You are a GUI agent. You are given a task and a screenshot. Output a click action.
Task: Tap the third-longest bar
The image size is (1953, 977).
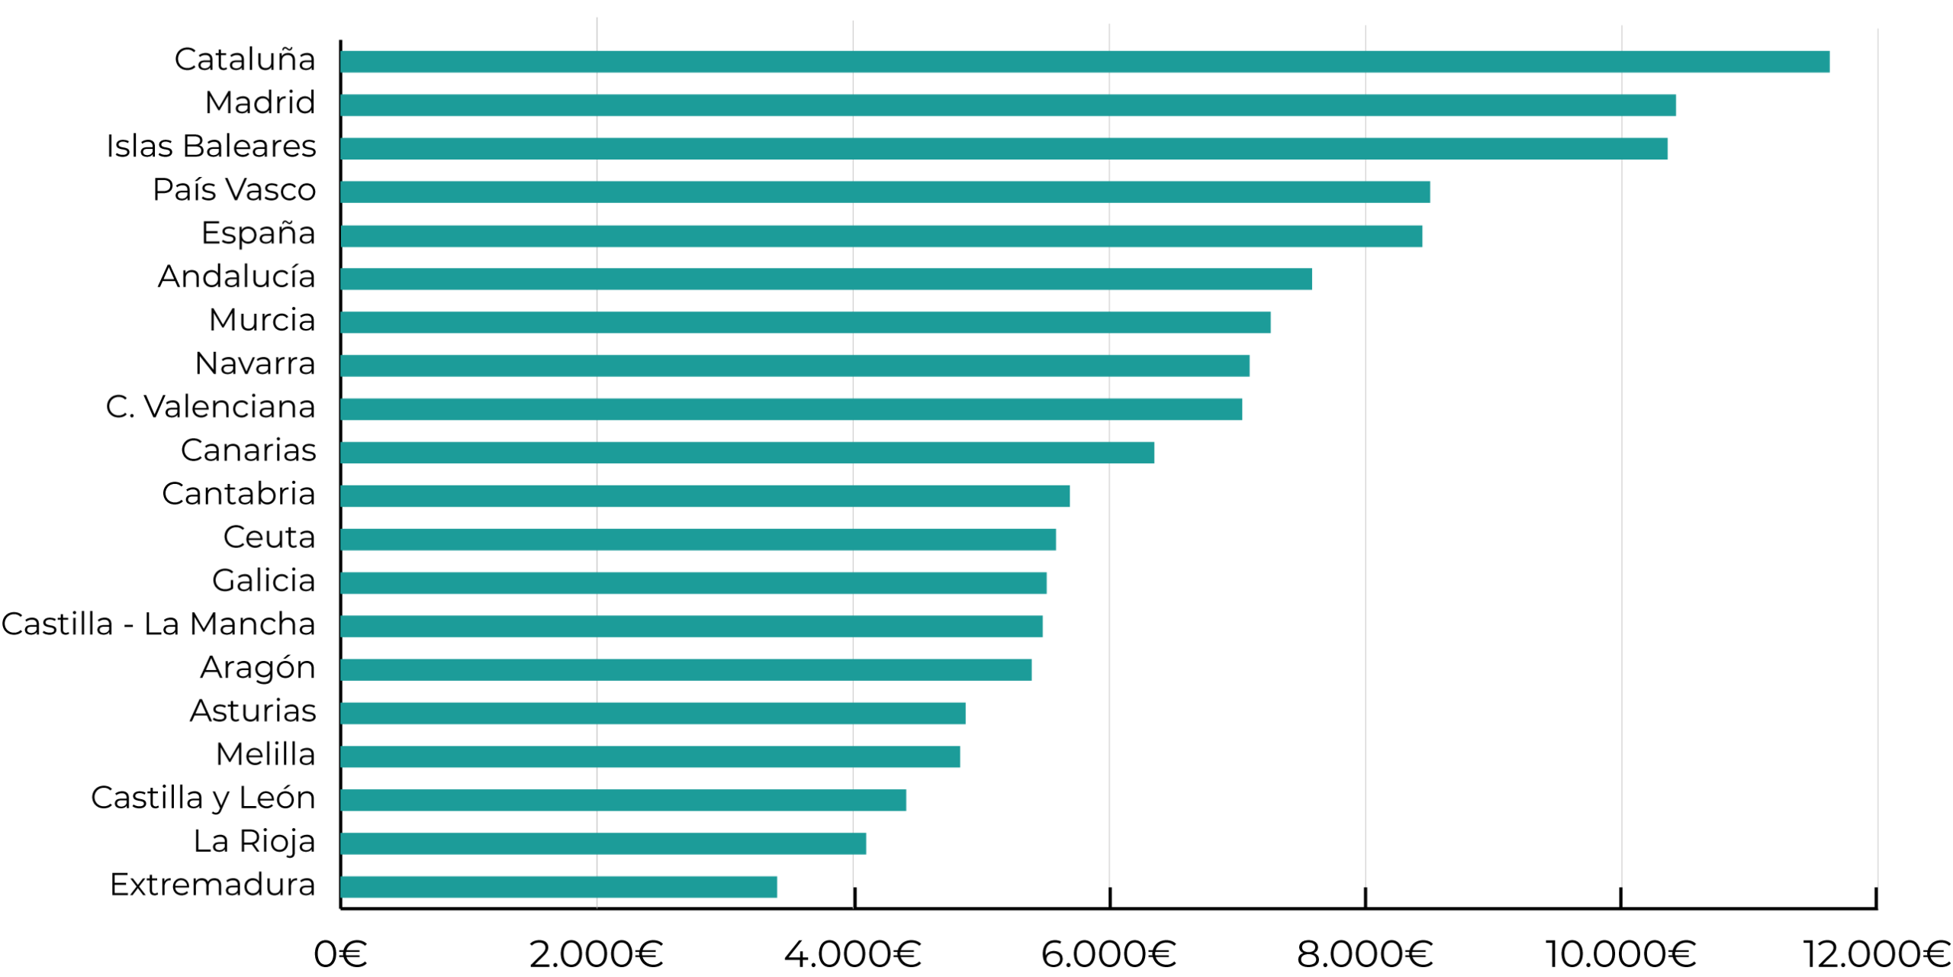point(1004,149)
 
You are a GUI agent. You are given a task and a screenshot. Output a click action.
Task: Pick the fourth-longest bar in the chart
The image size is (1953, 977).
point(886,192)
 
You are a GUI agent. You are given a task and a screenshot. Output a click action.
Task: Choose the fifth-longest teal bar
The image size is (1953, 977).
point(882,237)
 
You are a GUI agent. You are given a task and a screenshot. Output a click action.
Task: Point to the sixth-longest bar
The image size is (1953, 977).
point(826,279)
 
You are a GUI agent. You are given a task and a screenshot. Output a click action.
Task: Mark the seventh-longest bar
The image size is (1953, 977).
point(806,323)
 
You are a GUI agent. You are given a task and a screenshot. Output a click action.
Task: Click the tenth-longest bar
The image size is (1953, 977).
point(748,453)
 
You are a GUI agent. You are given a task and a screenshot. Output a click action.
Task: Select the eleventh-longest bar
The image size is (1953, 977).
point(705,496)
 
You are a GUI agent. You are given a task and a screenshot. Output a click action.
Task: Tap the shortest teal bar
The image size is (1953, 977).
point(559,887)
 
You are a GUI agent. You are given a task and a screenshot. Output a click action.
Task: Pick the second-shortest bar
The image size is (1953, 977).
point(603,843)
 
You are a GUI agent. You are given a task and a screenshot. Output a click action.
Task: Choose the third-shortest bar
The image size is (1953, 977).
point(623,801)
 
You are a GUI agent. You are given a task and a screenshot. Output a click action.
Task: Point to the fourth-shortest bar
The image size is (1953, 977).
point(651,757)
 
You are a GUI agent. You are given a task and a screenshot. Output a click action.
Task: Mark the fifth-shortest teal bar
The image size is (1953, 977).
point(653,714)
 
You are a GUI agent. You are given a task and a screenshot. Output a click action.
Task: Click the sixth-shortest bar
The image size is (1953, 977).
point(686,669)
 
